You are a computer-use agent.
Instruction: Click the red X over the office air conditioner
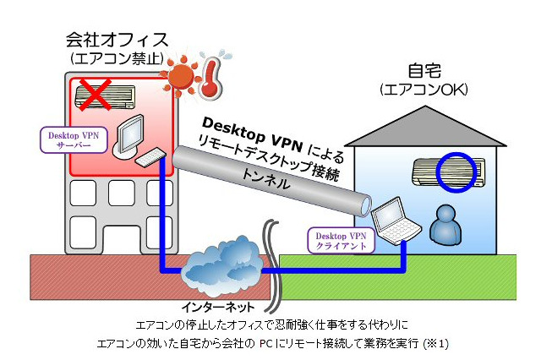(x=96, y=93)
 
